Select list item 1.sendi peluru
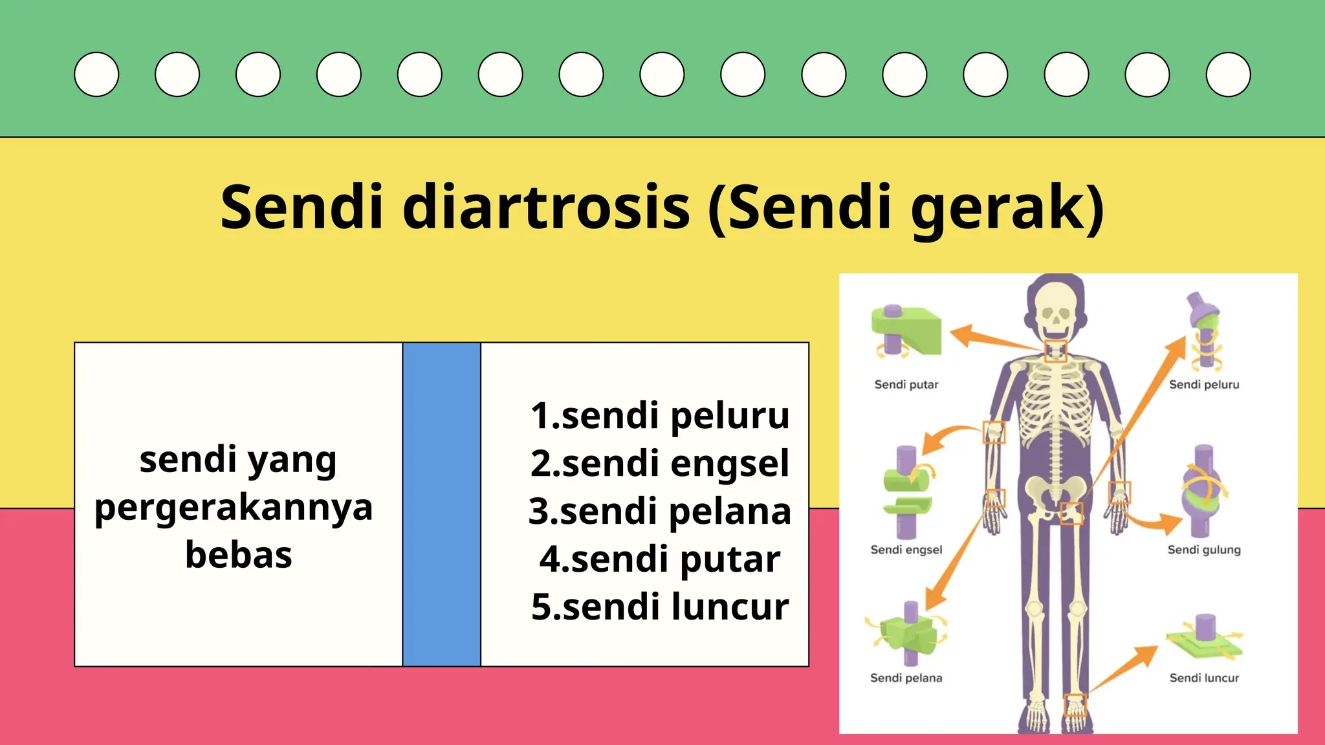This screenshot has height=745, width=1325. click(660, 415)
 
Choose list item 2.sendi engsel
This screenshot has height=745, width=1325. click(660, 463)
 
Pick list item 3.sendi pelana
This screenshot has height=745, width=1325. click(660, 511)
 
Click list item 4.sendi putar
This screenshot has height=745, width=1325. click(660, 559)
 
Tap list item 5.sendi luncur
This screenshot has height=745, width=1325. click(660, 607)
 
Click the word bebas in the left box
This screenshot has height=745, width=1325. click(238, 555)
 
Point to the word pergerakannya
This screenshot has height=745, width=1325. click(234, 508)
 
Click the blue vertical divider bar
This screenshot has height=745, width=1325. click(441, 504)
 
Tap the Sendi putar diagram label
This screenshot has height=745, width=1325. click(906, 385)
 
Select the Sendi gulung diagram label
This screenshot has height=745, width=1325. click(1204, 550)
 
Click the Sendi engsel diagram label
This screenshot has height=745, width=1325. click(906, 550)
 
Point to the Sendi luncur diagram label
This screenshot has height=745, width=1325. click(1204, 678)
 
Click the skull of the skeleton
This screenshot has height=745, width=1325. click(1056, 310)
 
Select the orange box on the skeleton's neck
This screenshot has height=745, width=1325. click(1056, 351)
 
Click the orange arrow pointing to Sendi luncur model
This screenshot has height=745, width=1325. click(1126, 669)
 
